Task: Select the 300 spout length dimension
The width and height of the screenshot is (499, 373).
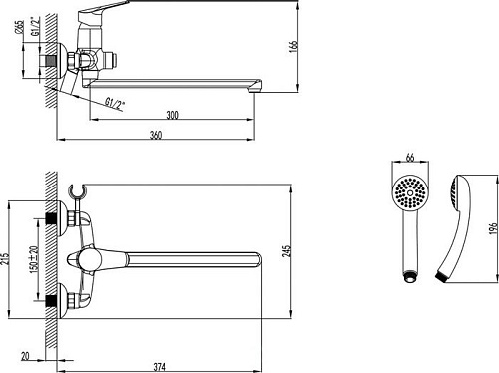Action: [x=172, y=117]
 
